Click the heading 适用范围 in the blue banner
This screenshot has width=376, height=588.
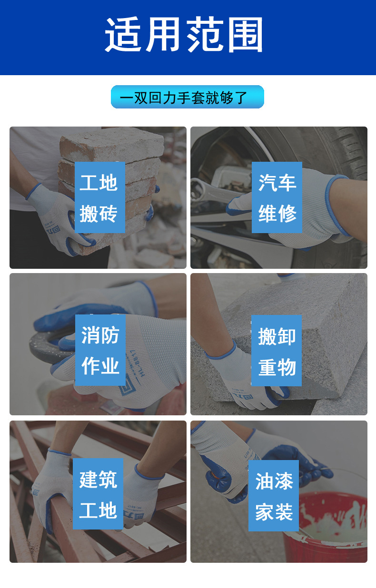pos(184,35)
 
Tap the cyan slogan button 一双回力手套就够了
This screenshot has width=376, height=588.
pos(187,97)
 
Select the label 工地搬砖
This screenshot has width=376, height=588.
pos(99,197)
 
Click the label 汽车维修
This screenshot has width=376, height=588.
pos(277,197)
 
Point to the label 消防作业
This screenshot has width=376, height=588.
pos(100,350)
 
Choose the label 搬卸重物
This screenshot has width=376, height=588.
pos(277,351)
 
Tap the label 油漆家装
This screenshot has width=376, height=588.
pos(274,496)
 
